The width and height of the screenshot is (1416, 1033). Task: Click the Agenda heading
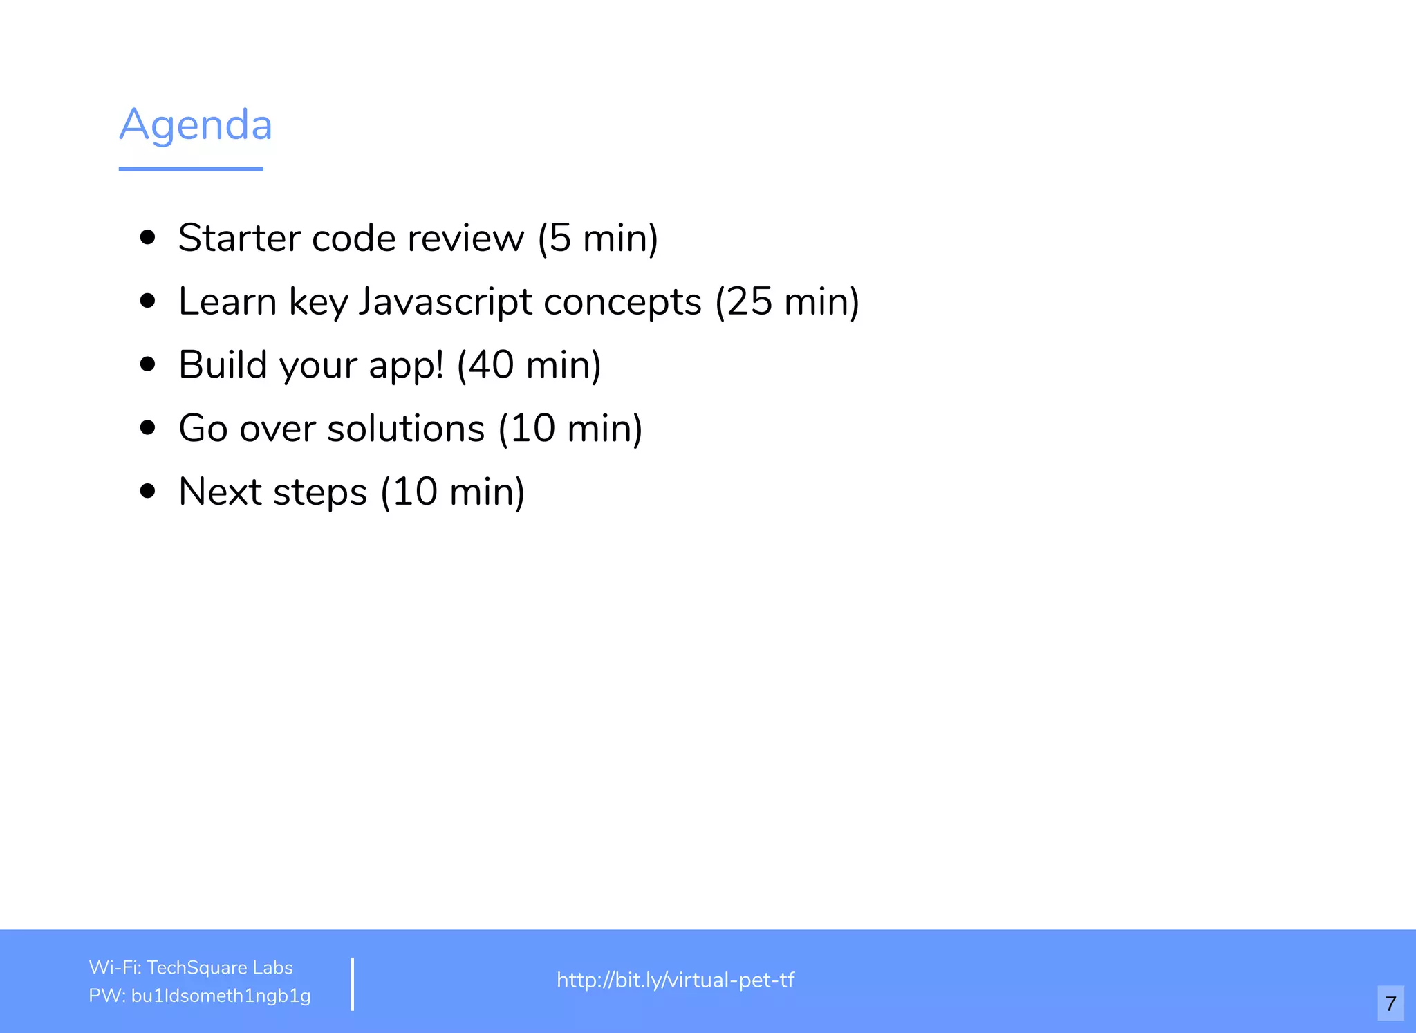pos(196,126)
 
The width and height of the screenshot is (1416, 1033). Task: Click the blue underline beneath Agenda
pos(191,169)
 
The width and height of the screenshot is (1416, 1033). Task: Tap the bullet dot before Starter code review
pos(147,238)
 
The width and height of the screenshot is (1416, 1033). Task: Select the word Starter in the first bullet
pos(239,239)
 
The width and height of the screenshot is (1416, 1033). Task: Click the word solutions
pos(406,429)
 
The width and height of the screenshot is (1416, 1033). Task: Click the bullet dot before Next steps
pos(147,492)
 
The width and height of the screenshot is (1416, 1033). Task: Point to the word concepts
pos(622,302)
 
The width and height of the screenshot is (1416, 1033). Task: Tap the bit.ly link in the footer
pos(676,980)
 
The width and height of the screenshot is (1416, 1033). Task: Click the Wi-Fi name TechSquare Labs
pos(220,967)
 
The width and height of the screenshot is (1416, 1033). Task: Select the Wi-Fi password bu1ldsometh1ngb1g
pos(221,996)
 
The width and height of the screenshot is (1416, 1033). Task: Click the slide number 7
pos(1390,1003)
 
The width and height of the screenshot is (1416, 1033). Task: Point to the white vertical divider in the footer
pos(353,984)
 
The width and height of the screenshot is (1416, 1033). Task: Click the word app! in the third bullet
pos(407,365)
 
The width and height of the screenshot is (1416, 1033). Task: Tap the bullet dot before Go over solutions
pos(147,428)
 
